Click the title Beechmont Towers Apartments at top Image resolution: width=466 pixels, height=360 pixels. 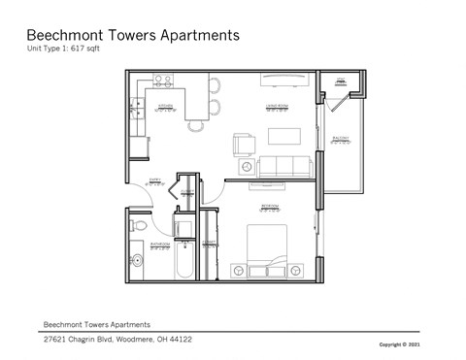pyautogui.click(x=132, y=35)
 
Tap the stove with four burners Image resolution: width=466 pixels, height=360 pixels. pyautogui.click(x=161, y=82)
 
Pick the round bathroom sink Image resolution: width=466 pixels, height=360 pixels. pyautogui.click(x=137, y=259)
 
